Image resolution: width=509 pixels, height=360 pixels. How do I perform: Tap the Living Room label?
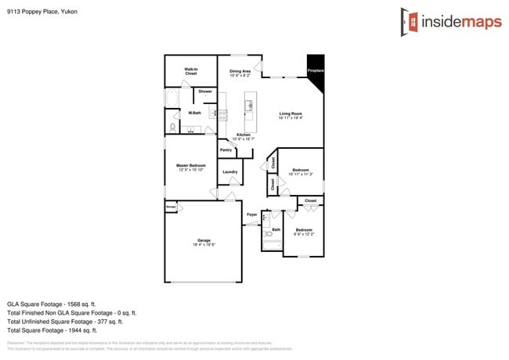(x=291, y=114)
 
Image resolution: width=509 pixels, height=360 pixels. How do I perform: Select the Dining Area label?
(x=240, y=71)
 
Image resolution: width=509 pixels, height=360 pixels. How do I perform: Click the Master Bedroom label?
(x=190, y=165)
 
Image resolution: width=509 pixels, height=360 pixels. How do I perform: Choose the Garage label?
(x=204, y=240)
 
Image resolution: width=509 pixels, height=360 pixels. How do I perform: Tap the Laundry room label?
(x=230, y=171)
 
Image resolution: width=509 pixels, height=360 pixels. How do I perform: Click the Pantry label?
(x=226, y=149)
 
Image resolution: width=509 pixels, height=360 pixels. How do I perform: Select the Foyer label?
(x=252, y=214)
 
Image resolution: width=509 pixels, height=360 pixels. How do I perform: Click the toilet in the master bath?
(x=172, y=127)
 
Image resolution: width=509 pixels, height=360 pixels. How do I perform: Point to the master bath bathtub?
(x=172, y=98)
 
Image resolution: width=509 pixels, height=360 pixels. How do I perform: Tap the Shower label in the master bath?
(x=204, y=92)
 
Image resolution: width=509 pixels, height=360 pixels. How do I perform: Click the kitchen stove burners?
(x=222, y=114)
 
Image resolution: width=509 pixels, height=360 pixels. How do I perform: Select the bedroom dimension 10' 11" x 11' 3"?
(x=301, y=174)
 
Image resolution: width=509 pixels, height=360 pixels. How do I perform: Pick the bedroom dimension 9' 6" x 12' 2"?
(x=303, y=234)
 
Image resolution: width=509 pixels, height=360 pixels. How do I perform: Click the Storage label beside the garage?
(x=171, y=207)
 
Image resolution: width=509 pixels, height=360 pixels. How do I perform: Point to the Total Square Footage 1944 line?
(x=52, y=330)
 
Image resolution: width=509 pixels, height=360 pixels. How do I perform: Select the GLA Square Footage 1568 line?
(x=52, y=304)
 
